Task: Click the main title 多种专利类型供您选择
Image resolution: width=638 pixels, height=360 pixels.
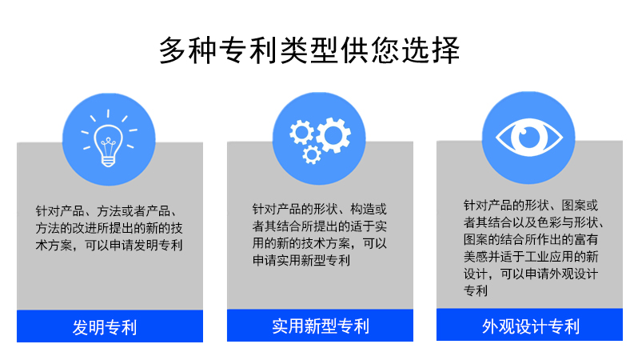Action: (309, 50)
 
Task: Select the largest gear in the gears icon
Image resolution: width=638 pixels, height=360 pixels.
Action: (333, 135)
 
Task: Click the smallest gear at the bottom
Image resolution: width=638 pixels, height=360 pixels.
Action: (312, 154)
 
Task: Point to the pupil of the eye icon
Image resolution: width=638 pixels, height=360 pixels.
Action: (528, 138)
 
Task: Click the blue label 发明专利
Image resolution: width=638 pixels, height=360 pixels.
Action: (105, 327)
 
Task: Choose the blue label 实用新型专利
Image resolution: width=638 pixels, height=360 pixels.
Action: (321, 326)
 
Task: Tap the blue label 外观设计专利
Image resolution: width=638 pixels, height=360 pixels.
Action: (531, 326)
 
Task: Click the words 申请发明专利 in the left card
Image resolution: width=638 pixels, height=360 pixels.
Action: (146, 245)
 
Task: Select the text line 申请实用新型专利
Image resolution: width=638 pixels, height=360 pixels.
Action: (301, 260)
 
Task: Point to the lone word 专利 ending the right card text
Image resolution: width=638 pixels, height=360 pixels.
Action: (476, 290)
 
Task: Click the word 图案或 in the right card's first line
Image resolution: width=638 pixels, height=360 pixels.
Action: (580, 206)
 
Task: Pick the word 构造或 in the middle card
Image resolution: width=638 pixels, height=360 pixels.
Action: (369, 209)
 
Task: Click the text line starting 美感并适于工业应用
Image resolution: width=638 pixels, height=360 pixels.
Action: (531, 257)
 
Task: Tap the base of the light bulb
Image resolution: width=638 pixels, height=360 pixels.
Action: (108, 162)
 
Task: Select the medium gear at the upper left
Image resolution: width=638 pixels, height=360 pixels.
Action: (301, 132)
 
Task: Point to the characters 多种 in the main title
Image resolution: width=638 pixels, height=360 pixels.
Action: (188, 50)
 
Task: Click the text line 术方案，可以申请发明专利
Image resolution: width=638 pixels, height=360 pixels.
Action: (109, 245)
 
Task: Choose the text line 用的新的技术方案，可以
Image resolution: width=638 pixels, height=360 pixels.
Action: (320, 243)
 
